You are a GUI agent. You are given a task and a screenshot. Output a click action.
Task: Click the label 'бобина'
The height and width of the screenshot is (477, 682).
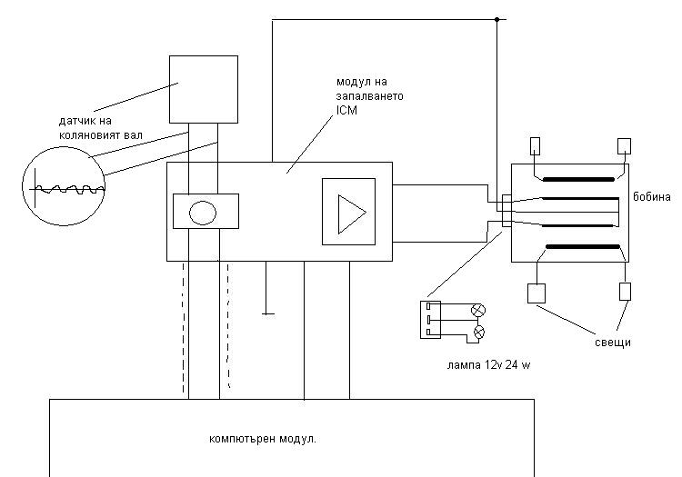click(x=653, y=197)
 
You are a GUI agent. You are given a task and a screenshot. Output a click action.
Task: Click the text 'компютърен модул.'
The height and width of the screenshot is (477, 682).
click(x=262, y=439)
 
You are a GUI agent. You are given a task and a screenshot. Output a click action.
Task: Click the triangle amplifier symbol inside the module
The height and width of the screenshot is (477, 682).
click(x=348, y=212)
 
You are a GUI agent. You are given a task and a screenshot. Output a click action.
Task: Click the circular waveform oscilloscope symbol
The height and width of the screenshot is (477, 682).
click(x=64, y=184)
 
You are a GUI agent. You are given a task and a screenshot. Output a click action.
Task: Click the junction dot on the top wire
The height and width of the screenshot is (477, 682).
click(x=496, y=19)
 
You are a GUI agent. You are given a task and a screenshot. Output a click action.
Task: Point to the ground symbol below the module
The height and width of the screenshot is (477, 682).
click(x=267, y=314)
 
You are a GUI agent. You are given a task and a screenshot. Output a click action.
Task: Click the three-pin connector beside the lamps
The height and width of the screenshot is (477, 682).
click(x=430, y=319)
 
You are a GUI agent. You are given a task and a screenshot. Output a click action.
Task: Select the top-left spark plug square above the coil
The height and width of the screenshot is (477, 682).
click(x=536, y=145)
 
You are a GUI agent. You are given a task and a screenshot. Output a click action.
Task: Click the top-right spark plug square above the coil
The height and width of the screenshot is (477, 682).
click(x=624, y=145)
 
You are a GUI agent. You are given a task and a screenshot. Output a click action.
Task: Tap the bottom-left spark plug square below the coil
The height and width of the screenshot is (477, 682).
click(x=536, y=293)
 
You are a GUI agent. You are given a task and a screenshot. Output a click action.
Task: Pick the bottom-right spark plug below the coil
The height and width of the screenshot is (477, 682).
click(x=625, y=292)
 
